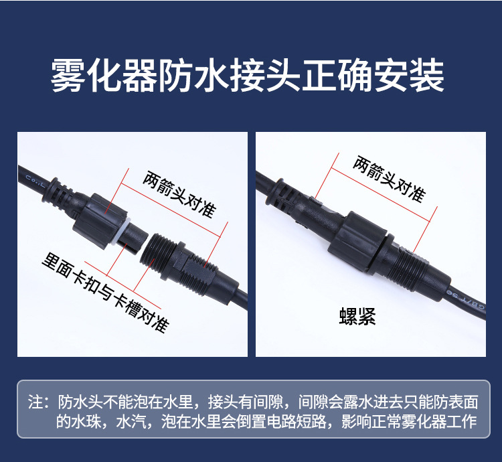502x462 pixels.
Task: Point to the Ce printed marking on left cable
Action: point(33,179)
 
